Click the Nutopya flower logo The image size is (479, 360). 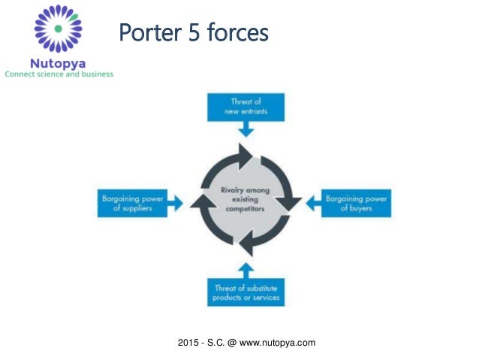click(58, 28)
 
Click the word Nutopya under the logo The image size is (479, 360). click(58, 62)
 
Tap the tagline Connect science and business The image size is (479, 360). click(59, 74)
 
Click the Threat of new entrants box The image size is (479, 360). click(246, 107)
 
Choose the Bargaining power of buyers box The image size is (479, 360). click(356, 203)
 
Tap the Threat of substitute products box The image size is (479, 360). click(246, 292)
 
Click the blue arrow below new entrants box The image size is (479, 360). click(246, 130)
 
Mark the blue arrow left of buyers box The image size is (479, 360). click(310, 203)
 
